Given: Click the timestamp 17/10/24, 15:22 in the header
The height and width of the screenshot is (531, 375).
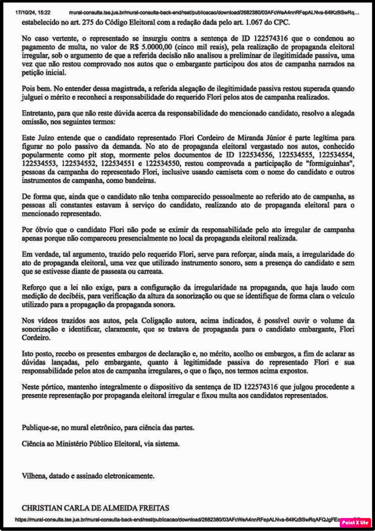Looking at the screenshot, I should pos(33,13).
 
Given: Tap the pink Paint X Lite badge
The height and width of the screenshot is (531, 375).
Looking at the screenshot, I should pos(355,522).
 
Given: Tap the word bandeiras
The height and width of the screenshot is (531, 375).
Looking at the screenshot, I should pos(139,181).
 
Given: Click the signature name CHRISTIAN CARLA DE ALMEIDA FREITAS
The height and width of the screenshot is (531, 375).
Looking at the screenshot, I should pos(95,508).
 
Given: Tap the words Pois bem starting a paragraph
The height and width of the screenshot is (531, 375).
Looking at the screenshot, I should pos(36,89).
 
